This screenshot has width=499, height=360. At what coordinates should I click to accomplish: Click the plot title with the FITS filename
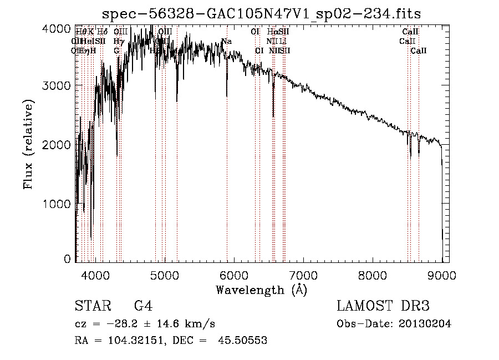266,13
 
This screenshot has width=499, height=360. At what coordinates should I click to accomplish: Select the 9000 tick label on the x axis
441,275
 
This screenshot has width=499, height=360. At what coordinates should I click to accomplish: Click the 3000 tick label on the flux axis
58,85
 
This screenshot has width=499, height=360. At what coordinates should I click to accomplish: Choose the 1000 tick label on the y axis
58,204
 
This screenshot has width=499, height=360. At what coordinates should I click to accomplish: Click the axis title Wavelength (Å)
261,290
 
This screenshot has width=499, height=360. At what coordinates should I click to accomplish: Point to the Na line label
226,41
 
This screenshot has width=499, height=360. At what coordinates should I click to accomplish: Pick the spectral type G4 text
142,306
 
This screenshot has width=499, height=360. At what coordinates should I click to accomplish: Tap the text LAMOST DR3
383,306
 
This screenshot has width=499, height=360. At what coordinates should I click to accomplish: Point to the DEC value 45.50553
244,341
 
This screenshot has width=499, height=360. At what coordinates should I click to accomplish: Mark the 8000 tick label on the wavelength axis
372,275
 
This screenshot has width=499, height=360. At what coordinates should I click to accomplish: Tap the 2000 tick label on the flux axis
58,145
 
